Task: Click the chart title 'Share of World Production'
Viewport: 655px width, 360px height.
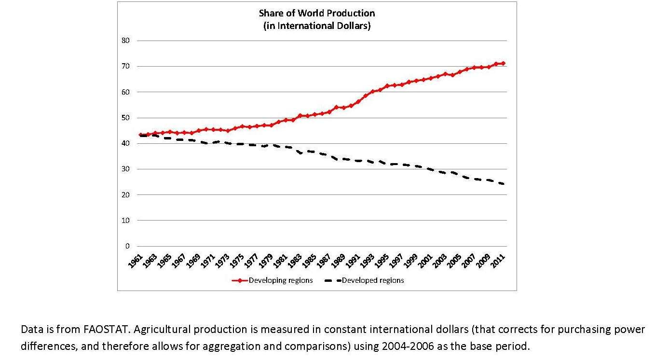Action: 316,13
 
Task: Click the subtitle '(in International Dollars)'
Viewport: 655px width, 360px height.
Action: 316,26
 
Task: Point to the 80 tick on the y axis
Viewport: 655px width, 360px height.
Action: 126,41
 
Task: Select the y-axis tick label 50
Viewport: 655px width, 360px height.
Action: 126,118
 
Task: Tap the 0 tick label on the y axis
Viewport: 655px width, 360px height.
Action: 128,246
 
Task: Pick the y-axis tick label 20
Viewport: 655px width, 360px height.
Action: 126,195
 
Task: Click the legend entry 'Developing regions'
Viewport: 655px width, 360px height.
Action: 280,280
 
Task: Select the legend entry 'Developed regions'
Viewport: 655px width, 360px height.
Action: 373,280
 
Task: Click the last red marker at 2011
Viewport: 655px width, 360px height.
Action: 503,63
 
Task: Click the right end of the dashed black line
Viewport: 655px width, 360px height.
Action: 503,184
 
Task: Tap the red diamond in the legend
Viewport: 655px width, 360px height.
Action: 240,280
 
